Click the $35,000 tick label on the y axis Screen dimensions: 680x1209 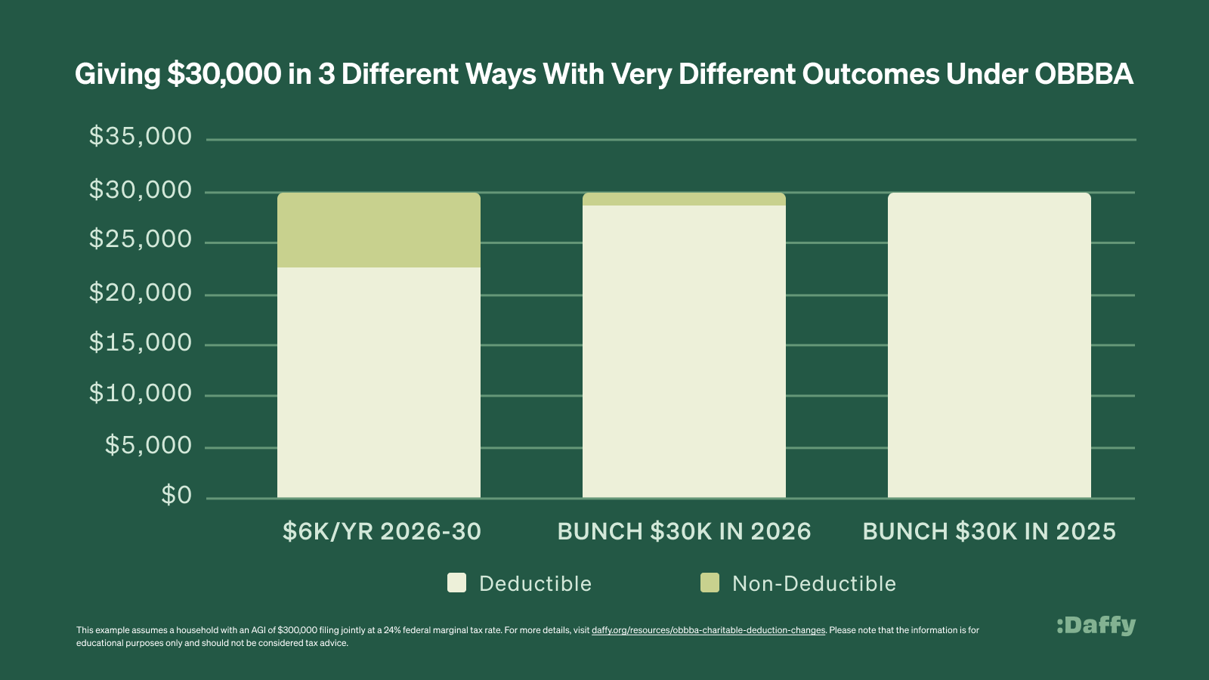tap(141, 137)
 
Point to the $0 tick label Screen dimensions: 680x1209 tap(177, 496)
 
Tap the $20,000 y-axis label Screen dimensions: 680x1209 tap(141, 292)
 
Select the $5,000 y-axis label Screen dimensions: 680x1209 tap(148, 445)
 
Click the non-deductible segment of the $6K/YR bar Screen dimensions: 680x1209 tap(379, 230)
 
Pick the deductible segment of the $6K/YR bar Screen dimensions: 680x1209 tap(379, 382)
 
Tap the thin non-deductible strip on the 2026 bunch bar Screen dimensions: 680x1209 tap(684, 199)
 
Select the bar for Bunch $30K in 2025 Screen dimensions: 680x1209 tap(989, 345)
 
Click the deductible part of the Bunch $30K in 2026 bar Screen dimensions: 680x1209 tap(684, 351)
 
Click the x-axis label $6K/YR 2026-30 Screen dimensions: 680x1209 tap(382, 532)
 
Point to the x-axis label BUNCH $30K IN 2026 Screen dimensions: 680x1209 tap(684, 532)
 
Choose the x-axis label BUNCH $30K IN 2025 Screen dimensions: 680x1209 tap(989, 532)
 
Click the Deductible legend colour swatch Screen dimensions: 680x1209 tap(456, 583)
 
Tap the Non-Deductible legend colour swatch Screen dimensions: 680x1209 tap(710, 583)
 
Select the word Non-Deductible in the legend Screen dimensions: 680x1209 tap(814, 583)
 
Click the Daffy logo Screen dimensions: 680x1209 tap(1096, 626)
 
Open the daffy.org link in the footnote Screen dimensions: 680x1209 tap(708, 630)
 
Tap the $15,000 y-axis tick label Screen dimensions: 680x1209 tap(141, 343)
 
